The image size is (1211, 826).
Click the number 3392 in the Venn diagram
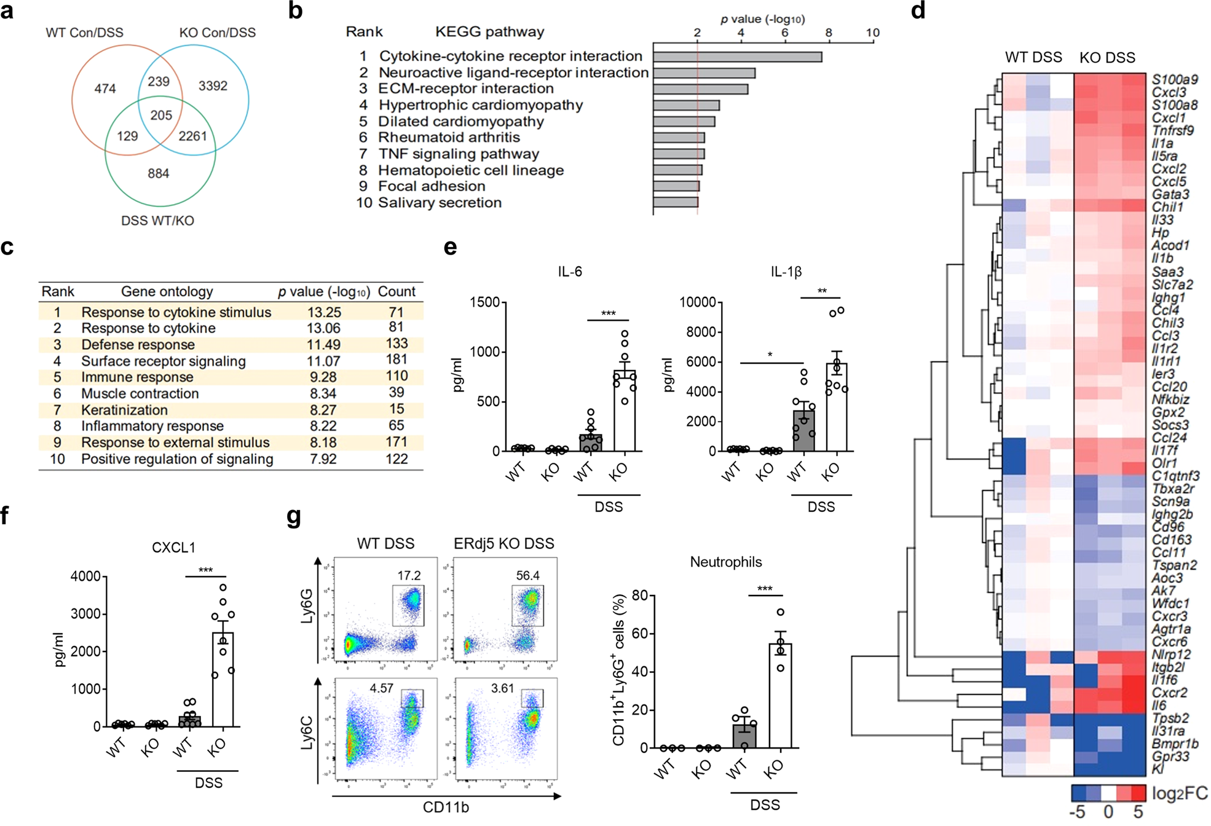click(213, 86)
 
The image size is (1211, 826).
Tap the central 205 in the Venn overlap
click(161, 115)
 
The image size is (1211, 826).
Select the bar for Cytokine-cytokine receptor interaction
click(737, 57)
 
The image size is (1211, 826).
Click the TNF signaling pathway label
click(458, 154)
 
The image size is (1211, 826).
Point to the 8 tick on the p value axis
click(829, 33)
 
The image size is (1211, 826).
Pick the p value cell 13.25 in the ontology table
click(324, 312)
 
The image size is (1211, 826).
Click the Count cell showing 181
click(396, 360)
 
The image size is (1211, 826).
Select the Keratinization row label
click(124, 410)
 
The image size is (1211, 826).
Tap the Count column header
click(396, 291)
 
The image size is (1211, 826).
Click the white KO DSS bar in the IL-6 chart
click(625, 412)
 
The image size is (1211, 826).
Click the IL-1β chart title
click(786, 272)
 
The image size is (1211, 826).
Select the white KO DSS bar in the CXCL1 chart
click(223, 679)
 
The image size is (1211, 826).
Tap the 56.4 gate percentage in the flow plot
click(527, 576)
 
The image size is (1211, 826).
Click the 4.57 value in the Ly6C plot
click(381, 688)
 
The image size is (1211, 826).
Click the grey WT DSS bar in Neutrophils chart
click(744, 736)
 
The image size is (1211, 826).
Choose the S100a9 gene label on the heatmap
click(1174, 79)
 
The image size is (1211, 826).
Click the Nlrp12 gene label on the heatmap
click(1171, 655)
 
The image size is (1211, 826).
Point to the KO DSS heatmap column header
click(1107, 58)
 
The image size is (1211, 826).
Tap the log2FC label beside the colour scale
click(1179, 793)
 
